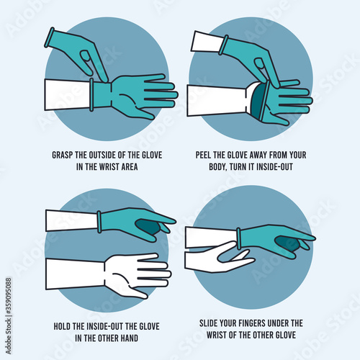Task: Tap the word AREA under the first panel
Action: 130,167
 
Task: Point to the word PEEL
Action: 203,155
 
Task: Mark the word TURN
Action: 238,167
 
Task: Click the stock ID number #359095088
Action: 8,296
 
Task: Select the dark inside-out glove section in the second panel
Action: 258,101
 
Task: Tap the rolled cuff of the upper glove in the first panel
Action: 49,37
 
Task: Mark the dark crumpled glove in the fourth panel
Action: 287,243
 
